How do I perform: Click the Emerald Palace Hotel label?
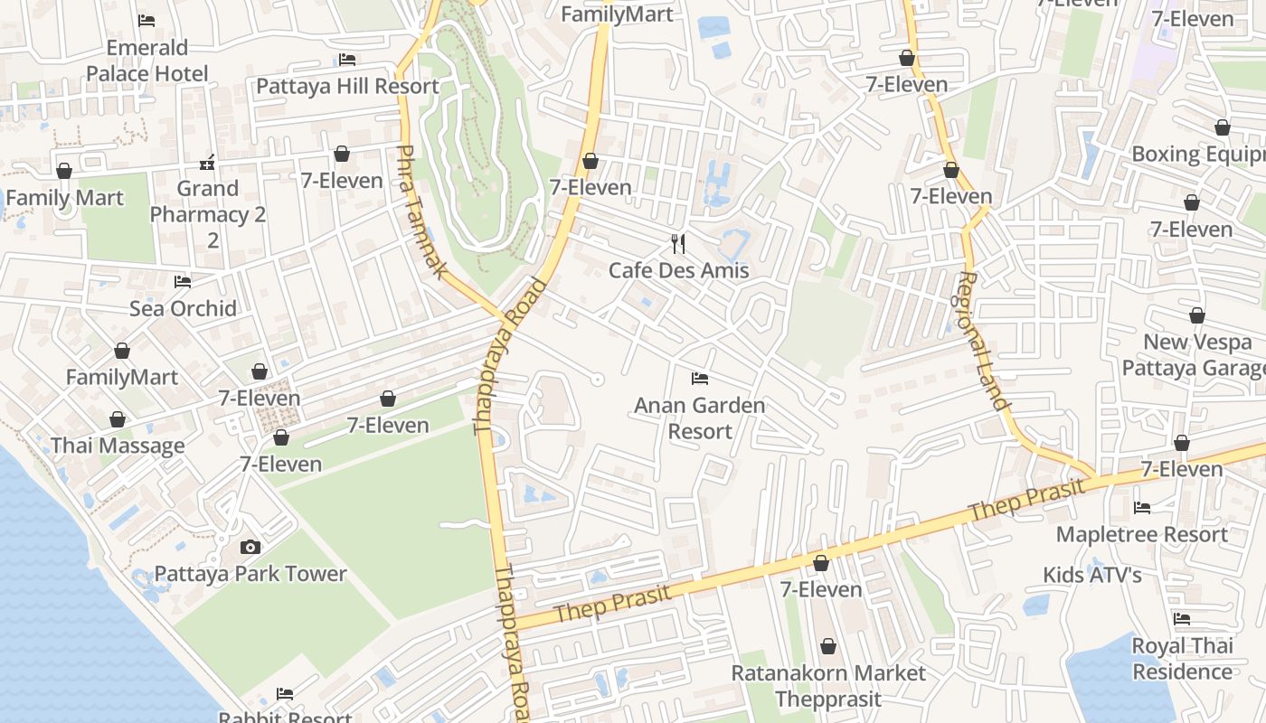click(x=146, y=61)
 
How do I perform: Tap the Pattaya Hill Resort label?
click(x=347, y=86)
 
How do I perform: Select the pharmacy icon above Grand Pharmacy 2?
click(x=207, y=164)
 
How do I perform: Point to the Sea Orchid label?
click(x=183, y=308)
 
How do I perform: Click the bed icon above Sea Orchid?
click(x=183, y=282)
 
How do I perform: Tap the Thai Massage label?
click(x=118, y=446)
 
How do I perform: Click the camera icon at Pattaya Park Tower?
click(x=250, y=547)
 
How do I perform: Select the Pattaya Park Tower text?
click(x=250, y=574)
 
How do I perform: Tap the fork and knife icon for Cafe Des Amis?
click(x=678, y=243)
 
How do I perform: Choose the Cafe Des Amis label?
click(x=678, y=270)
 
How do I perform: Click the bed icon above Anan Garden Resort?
click(x=699, y=378)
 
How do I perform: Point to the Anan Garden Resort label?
click(x=699, y=418)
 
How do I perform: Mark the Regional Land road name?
click(x=983, y=341)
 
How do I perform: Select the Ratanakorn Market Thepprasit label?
click(x=828, y=686)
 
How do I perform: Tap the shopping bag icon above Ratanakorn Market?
click(x=828, y=647)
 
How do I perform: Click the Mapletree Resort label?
click(x=1142, y=534)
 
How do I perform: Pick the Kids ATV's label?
click(x=1092, y=575)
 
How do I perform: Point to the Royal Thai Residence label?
click(x=1182, y=659)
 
